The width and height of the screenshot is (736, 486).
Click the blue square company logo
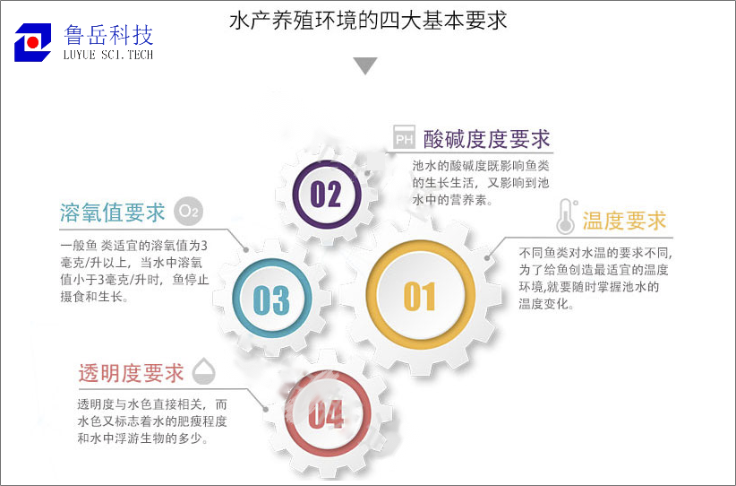[33, 42]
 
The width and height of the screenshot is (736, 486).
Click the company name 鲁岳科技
[108, 35]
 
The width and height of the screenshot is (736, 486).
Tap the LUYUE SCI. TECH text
[108, 55]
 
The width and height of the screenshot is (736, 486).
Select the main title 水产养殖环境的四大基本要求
[368, 21]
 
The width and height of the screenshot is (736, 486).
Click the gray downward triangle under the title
[365, 65]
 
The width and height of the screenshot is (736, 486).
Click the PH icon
[404, 137]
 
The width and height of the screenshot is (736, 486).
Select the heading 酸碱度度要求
[487, 139]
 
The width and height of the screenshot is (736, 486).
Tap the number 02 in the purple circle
[326, 194]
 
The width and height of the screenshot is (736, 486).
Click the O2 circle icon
[189, 211]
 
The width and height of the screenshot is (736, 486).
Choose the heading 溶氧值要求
[112, 213]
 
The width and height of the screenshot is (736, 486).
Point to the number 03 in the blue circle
[271, 299]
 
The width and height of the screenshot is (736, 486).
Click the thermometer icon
[567, 217]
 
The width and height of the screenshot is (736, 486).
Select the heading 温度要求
[624, 221]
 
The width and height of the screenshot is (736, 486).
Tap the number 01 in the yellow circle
[420, 297]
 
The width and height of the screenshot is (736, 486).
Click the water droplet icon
[204, 371]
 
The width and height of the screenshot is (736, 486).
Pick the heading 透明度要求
[131, 373]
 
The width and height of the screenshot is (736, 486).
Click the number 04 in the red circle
[326, 414]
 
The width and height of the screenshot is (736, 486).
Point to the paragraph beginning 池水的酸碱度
[481, 183]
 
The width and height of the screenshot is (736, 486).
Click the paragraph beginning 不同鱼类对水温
[595, 278]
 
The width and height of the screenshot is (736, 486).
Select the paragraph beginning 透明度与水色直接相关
[152, 421]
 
